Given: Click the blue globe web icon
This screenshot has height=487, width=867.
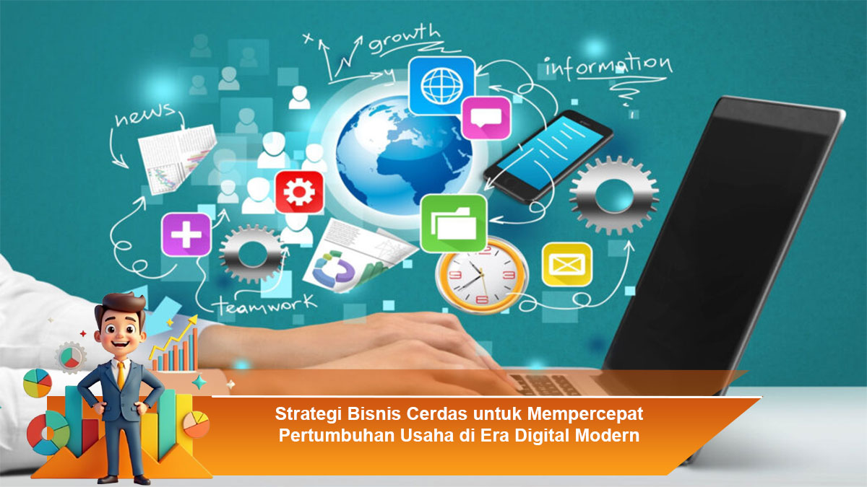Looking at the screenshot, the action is [441, 85].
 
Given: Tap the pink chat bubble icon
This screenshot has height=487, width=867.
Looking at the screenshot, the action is [486, 118].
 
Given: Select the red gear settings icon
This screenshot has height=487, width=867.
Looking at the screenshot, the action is [299, 192].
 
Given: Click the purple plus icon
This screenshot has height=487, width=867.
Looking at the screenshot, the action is [186, 234].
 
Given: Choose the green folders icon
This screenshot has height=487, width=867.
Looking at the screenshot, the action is [453, 223].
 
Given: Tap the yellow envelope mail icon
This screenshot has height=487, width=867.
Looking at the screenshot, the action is [567, 264].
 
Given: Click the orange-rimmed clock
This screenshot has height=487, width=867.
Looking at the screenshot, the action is [481, 275].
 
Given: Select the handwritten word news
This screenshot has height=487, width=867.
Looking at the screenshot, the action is [145, 115].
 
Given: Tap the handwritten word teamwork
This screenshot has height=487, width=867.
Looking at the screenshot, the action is [266, 304].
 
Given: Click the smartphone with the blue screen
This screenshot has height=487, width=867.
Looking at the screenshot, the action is [548, 157].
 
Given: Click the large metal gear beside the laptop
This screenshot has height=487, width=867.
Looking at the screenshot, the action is [614, 196].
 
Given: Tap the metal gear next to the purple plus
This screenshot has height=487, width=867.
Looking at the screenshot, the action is [252, 254].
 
